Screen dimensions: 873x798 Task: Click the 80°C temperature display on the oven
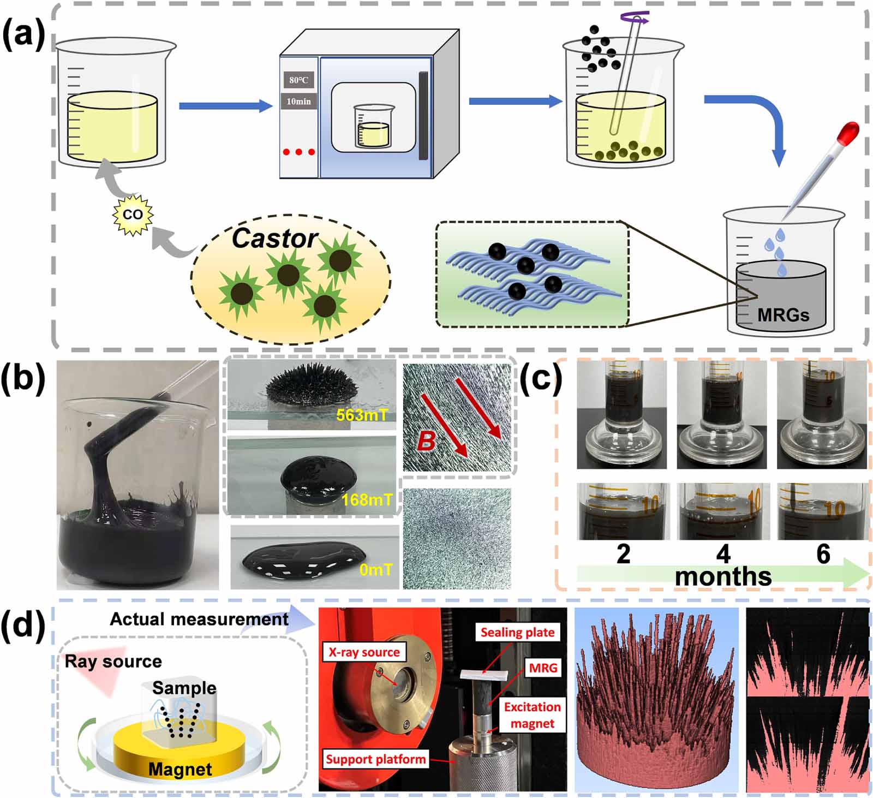(x=298, y=80)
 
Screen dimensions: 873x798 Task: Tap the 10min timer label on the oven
(x=298, y=101)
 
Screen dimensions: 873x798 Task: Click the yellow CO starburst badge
(x=133, y=215)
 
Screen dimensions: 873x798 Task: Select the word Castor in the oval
(x=274, y=239)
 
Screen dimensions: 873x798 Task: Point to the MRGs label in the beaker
(x=783, y=314)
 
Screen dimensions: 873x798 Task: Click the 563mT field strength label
(x=362, y=415)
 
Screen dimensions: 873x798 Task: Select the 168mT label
(x=367, y=499)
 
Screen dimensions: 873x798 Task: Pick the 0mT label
(x=375, y=570)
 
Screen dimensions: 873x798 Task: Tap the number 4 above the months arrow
(x=723, y=554)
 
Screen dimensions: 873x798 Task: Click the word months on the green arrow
(x=723, y=576)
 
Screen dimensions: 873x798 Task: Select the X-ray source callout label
(x=364, y=652)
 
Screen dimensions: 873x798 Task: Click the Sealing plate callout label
(x=517, y=632)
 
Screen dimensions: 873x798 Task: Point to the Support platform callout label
(x=375, y=759)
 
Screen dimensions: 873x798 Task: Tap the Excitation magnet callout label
(x=532, y=715)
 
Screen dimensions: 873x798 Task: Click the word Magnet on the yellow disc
(x=180, y=769)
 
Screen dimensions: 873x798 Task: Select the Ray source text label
(x=113, y=662)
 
